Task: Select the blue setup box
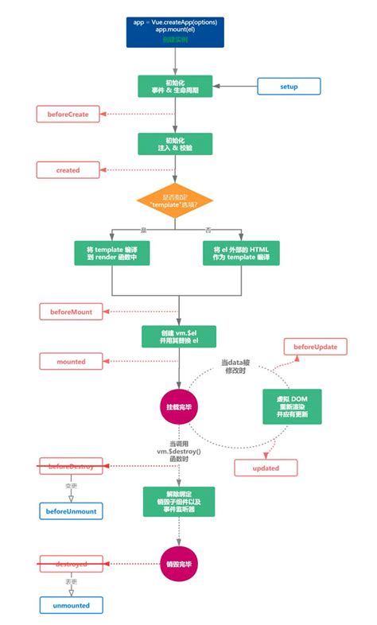289,86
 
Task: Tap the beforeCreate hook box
68,115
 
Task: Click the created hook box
68,169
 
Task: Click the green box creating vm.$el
179,336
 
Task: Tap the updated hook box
266,468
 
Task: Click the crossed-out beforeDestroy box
72,466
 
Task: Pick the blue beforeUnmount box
72,510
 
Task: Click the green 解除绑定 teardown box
179,503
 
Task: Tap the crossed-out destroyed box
72,564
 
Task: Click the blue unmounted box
72,605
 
